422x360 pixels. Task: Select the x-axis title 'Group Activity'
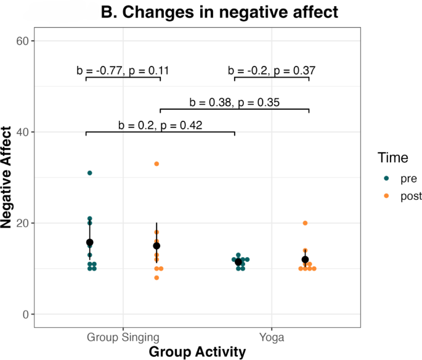(197, 351)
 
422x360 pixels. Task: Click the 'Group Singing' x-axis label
(123, 337)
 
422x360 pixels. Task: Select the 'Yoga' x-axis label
(272, 337)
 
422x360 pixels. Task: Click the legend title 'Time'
(393, 158)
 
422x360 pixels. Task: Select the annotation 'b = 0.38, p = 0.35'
(234, 102)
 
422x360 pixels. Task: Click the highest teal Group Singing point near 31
(90, 173)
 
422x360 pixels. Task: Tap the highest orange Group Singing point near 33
(156, 164)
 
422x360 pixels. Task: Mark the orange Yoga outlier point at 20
(305, 223)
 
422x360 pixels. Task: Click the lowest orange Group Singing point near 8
(156, 278)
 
